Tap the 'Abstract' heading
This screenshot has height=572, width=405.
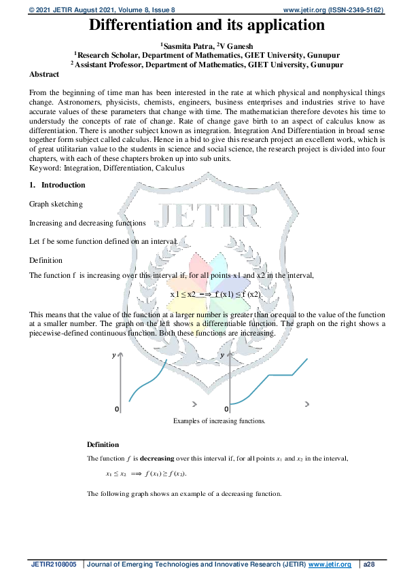click(x=44, y=74)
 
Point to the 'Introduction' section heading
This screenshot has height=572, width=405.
click(x=63, y=185)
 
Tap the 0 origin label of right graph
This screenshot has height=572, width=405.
click(x=226, y=409)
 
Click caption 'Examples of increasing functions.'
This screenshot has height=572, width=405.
click(x=219, y=421)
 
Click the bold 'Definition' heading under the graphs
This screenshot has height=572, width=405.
click(x=103, y=444)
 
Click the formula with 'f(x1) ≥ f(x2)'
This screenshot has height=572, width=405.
click(x=146, y=474)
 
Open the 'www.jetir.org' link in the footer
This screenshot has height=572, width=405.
click(x=330, y=565)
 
